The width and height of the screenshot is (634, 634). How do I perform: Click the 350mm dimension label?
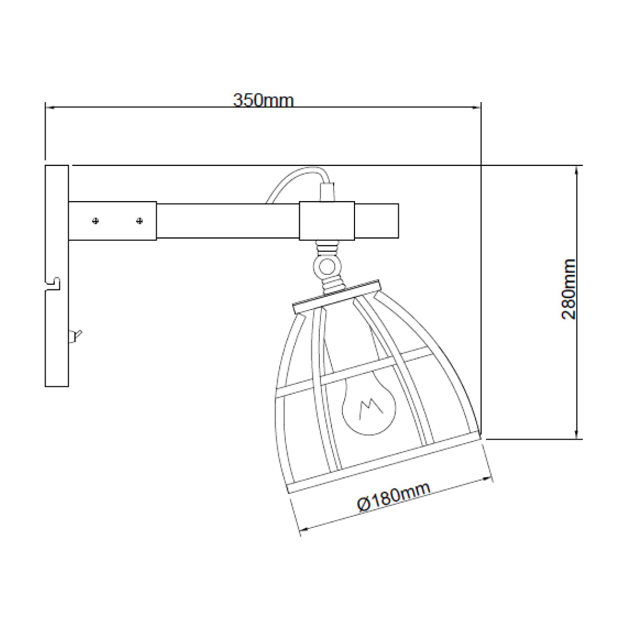[x=263, y=100]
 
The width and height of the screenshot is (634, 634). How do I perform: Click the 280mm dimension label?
[x=569, y=288]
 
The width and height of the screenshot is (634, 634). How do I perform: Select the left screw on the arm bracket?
[x=96, y=221]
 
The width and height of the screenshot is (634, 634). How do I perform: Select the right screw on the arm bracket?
[x=139, y=221]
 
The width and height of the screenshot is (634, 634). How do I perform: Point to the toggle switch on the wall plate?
[x=75, y=335]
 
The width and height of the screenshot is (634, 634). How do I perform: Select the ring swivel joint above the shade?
[x=327, y=266]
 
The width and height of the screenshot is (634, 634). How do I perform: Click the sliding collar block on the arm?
[x=327, y=220]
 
